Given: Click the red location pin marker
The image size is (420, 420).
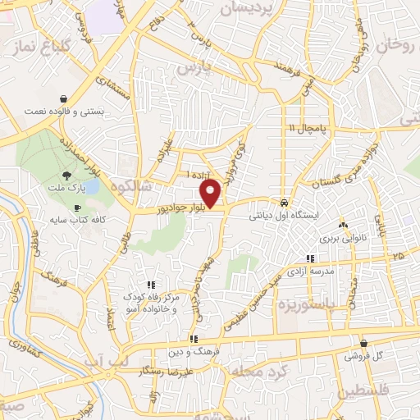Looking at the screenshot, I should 211,193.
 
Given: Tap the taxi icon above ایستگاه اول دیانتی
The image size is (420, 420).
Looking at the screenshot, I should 284,202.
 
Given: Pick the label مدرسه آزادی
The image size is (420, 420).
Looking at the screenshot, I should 308,271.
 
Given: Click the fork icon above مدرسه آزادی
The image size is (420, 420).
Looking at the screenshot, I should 308,258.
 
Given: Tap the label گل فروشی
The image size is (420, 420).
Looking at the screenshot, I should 364,357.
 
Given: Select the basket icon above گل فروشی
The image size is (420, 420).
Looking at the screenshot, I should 364,344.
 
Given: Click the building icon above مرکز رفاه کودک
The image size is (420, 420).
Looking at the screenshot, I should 148,283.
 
